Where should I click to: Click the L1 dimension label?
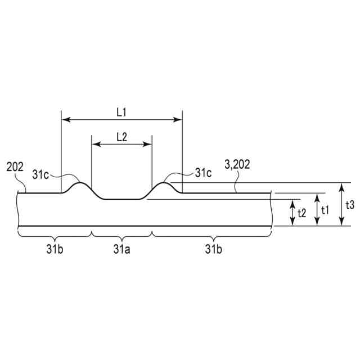pos(121,112)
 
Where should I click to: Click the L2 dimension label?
pos(121,137)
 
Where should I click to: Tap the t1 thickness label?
pos(326,209)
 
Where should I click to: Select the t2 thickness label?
pos(301,213)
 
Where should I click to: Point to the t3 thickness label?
pos(350,205)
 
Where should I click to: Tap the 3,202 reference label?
pos(237,165)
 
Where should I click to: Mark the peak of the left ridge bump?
pos(80,183)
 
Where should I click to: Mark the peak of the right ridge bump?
pos(166,183)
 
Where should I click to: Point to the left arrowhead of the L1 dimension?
pos(64,119)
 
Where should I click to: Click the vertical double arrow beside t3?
pos(341,205)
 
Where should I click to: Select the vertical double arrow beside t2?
pos(292,213)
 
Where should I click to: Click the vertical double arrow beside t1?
pos(317,209)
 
